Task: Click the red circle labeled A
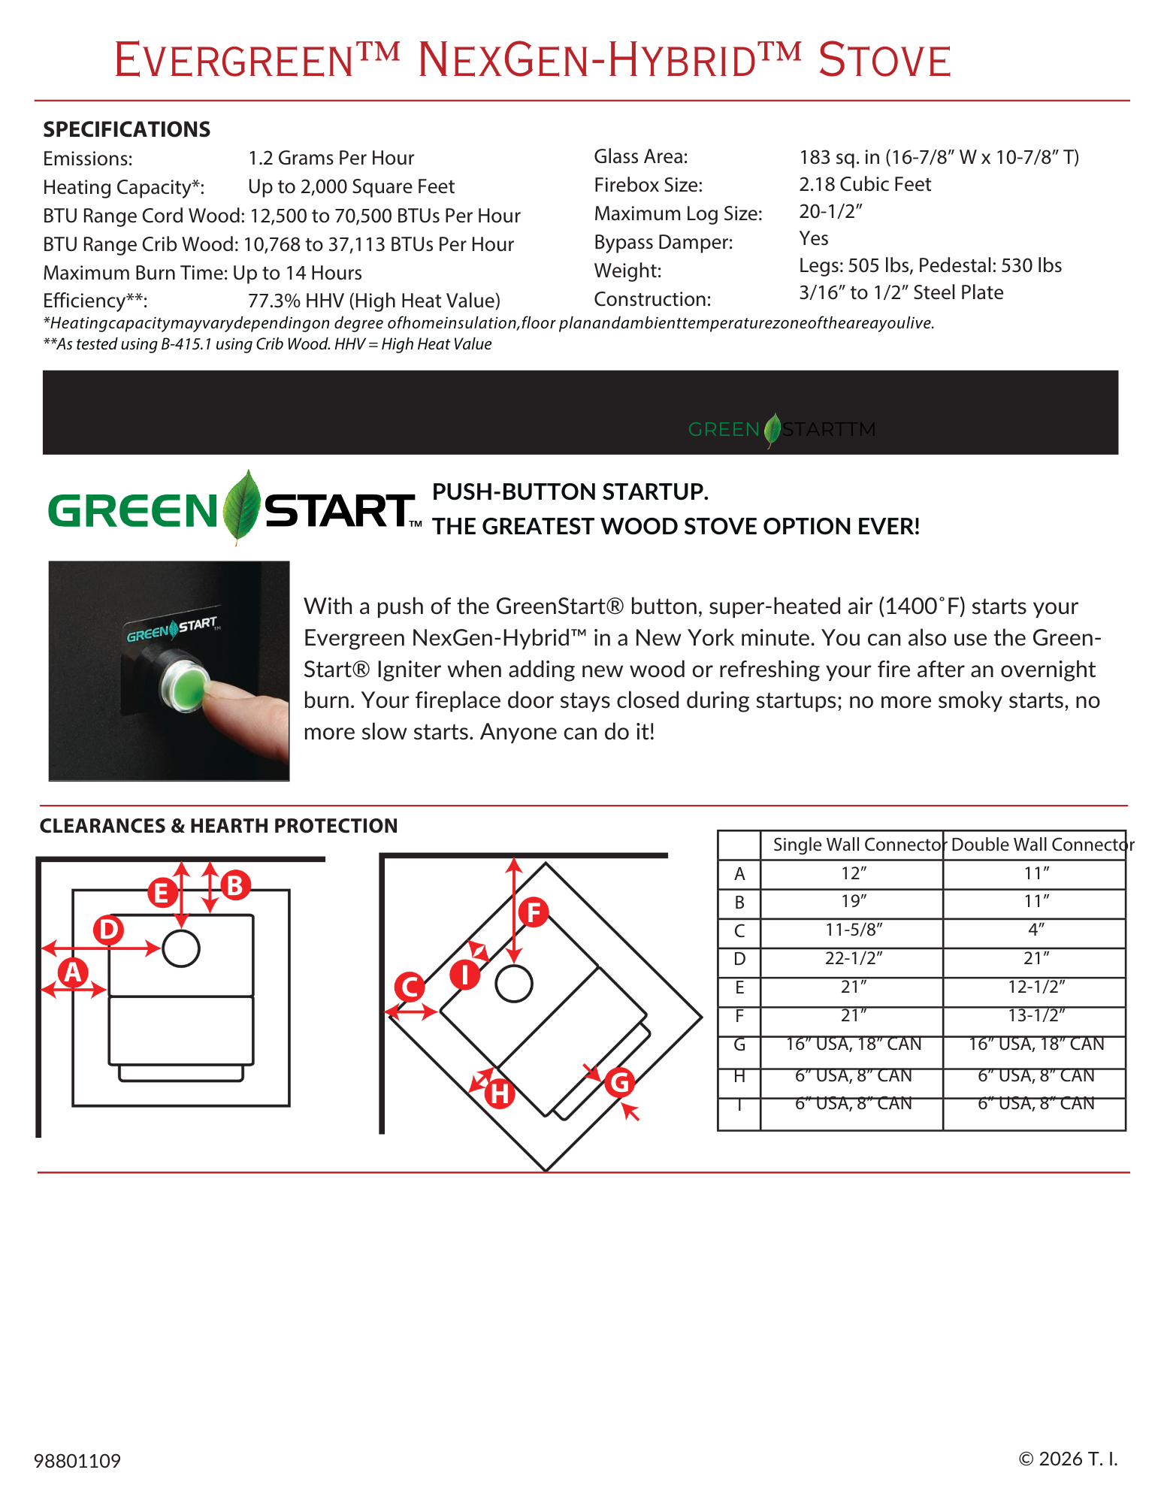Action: click(x=72, y=972)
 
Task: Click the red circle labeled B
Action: click(x=234, y=885)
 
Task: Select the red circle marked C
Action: click(x=410, y=987)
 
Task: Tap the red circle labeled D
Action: click(x=108, y=930)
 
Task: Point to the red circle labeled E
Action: click(x=161, y=894)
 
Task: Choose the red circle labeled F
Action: click(x=534, y=913)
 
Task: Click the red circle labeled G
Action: click(x=620, y=1083)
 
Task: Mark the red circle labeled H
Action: click(x=500, y=1094)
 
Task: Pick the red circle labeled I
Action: click(x=465, y=975)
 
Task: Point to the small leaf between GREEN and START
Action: click(x=772, y=430)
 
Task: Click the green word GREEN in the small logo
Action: click(x=724, y=430)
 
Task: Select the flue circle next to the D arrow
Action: click(x=180, y=948)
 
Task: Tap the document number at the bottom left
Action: click(x=77, y=1460)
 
